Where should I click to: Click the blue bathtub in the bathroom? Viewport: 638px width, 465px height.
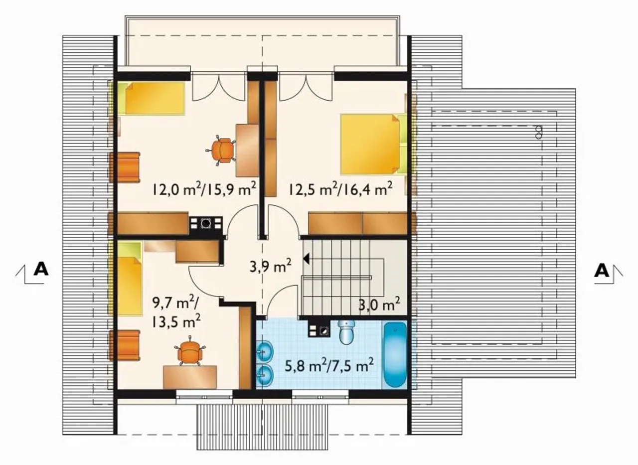(395, 354)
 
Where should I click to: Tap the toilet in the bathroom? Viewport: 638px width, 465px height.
(346, 332)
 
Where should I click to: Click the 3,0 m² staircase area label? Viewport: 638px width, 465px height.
(379, 305)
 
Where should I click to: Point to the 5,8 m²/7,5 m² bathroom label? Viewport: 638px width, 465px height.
(329, 366)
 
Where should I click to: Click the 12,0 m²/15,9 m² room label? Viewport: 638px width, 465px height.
(204, 188)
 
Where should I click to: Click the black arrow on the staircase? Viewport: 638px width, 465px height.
(307, 259)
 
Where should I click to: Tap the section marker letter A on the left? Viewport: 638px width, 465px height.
(41, 269)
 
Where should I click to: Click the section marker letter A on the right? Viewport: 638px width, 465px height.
(601, 271)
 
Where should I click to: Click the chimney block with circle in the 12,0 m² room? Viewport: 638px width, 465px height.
(206, 223)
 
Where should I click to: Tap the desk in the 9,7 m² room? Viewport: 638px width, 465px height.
(190, 377)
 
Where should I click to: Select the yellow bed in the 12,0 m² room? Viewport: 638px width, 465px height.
(151, 99)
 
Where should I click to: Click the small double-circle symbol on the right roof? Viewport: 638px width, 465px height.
(538, 133)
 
